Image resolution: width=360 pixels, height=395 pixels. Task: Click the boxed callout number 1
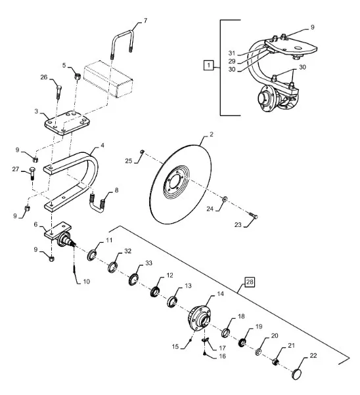pos(208,65)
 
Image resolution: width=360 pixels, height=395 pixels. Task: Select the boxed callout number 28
pos(250,282)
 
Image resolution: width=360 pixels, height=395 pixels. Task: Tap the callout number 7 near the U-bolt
pos(145,20)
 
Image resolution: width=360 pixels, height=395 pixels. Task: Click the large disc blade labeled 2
pos(180,184)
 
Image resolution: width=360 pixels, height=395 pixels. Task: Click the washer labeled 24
pos(224,199)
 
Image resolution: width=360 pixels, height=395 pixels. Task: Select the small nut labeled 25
pos(142,152)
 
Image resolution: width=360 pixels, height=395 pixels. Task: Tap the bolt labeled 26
pos(58,93)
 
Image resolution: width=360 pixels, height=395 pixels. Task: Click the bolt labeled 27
pos(33,173)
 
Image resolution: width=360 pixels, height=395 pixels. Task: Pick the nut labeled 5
pos(78,75)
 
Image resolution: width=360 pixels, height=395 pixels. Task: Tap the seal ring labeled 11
pos(91,255)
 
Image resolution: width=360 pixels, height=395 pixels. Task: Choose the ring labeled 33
pos(133,279)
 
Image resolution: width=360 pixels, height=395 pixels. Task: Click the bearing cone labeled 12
pos(154,291)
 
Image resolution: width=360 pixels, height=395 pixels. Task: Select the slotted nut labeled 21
pos(275,362)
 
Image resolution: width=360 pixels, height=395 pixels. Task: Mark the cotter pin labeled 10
pos(74,268)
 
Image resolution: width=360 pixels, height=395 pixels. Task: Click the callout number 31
pos(232,53)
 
